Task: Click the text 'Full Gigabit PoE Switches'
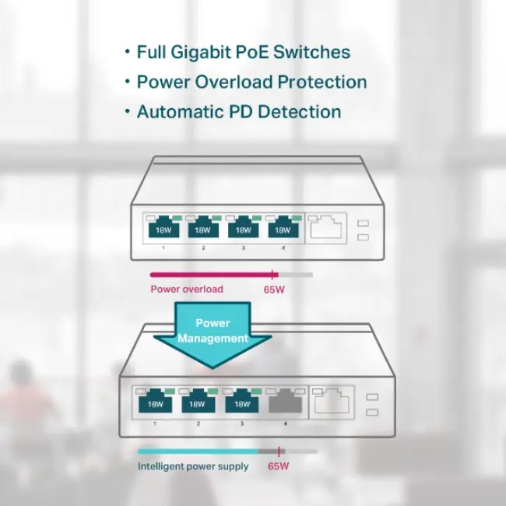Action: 243,53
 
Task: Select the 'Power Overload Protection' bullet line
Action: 251,82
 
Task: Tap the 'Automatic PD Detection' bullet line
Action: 238,111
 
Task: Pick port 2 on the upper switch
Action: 204,228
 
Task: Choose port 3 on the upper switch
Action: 244,228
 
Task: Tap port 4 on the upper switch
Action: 283,228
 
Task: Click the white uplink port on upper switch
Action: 327,227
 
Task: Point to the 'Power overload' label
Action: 187,290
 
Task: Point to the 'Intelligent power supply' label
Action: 194,466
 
